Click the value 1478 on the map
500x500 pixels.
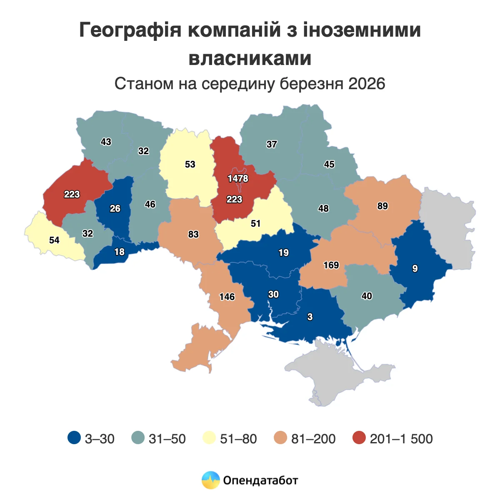[x=237, y=178]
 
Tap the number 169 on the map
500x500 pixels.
[x=331, y=265]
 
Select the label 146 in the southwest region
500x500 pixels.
[x=227, y=297]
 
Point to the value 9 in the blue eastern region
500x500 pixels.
[x=415, y=269]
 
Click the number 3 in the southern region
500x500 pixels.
[x=310, y=317]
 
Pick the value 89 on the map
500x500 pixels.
[x=382, y=206]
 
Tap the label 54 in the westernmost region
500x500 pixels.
[x=54, y=240]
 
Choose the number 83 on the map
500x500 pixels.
[x=193, y=234]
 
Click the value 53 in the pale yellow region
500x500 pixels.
[x=190, y=164]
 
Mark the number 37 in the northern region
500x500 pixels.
[x=272, y=144]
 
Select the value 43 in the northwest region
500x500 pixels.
[x=106, y=142]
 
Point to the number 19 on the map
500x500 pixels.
[x=283, y=252]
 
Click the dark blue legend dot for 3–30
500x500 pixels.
[x=74, y=438]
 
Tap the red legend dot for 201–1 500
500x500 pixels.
[x=359, y=438]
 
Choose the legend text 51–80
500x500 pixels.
[x=238, y=439]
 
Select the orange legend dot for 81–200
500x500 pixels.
[x=280, y=438]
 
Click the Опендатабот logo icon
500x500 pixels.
[x=210, y=480]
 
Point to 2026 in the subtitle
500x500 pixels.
[x=367, y=84]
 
